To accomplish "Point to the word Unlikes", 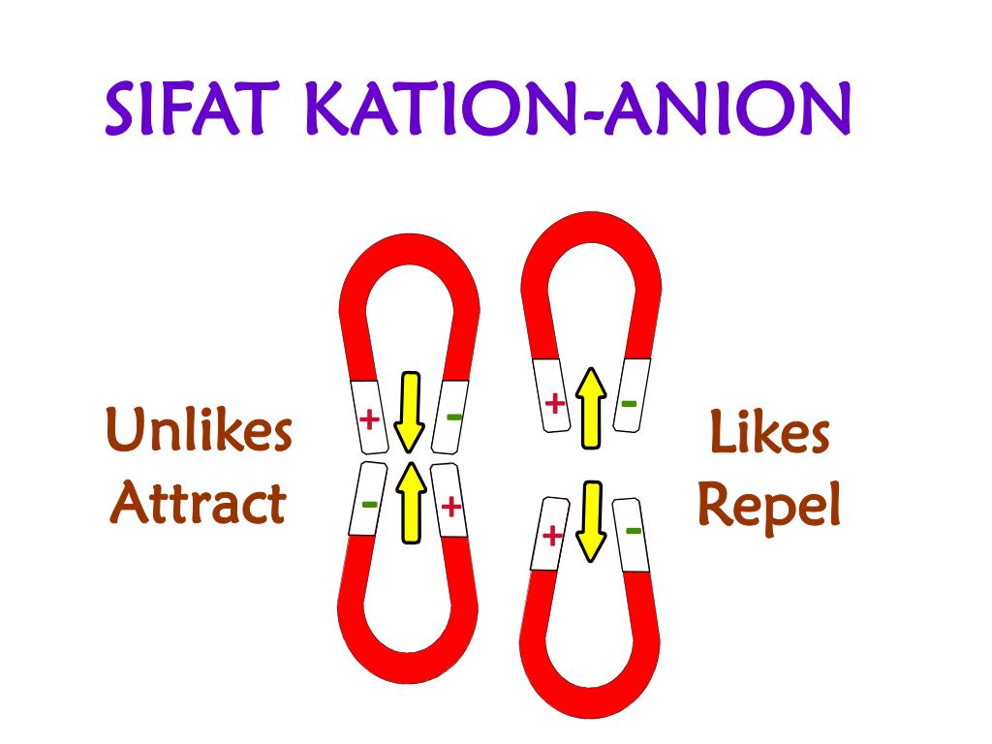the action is [x=199, y=431].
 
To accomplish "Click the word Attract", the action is [x=199, y=504].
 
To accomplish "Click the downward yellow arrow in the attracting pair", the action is [x=410, y=412].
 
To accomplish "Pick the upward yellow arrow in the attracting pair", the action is [x=412, y=503].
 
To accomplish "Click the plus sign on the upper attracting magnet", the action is [x=369, y=420].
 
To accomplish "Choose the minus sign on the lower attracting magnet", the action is [x=369, y=505].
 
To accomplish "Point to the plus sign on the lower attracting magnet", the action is [x=451, y=507].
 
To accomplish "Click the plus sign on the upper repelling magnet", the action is [x=553, y=404].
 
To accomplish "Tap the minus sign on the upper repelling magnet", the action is [x=629, y=402].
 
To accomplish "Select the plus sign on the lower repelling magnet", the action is [x=551, y=535].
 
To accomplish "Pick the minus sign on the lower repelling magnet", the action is [x=633, y=530].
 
